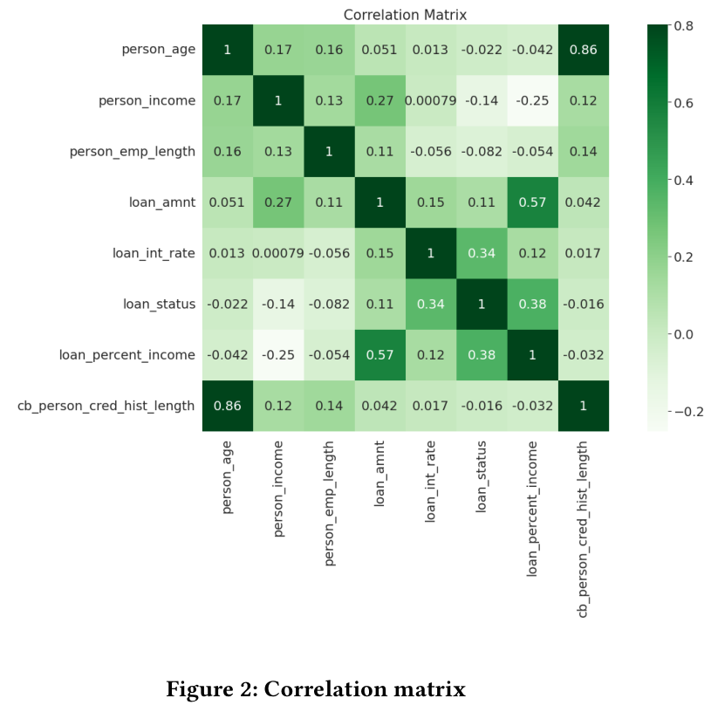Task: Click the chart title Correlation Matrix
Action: click(x=405, y=15)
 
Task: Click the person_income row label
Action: click(x=147, y=100)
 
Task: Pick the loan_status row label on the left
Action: click(x=159, y=304)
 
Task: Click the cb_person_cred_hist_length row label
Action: click(x=106, y=406)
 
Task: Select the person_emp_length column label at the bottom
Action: click(x=329, y=503)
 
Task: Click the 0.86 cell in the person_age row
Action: click(x=583, y=50)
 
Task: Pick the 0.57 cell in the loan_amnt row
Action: click(x=532, y=202)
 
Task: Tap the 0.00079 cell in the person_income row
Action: click(x=430, y=100)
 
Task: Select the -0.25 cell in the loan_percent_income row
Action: click(x=278, y=355)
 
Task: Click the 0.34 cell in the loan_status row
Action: click(x=430, y=304)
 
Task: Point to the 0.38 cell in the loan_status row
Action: click(x=532, y=304)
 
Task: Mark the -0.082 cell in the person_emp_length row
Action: click(x=481, y=152)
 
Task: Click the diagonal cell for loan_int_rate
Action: click(x=430, y=253)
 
